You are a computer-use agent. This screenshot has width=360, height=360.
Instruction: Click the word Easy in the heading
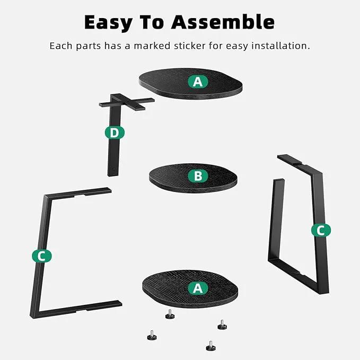tap(108, 22)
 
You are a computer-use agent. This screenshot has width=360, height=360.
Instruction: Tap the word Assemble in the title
tap(223, 22)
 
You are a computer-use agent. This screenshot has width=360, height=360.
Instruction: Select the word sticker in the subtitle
tap(190, 46)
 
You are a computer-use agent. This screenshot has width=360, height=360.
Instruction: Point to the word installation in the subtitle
tap(281, 46)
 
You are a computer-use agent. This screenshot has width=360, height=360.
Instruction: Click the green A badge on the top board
tap(198, 82)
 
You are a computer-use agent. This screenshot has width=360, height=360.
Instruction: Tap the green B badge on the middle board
tap(198, 176)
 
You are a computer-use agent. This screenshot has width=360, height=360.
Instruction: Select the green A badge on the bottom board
tap(198, 288)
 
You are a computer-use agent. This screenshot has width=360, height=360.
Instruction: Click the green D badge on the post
tap(115, 133)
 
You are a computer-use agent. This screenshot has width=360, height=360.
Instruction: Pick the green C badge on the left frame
tap(42, 256)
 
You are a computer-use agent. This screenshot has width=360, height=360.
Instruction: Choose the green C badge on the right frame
tap(321, 230)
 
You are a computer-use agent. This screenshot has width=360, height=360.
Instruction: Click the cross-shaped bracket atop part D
tap(127, 102)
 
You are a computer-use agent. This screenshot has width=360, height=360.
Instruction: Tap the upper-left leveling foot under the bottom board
tap(170, 314)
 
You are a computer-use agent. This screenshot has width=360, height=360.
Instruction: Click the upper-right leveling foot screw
tap(222, 324)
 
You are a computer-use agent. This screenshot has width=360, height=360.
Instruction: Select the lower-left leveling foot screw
tap(152, 335)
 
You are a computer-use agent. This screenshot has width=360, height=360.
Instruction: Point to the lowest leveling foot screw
tap(210, 346)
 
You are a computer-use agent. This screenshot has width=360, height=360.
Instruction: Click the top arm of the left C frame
tap(78, 193)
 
